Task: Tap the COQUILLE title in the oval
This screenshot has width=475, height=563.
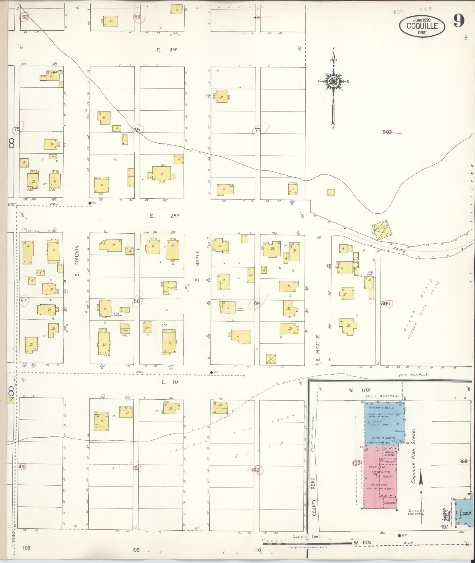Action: (422, 26)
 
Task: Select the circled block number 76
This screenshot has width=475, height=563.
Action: (136, 130)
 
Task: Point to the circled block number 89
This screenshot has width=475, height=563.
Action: (257, 303)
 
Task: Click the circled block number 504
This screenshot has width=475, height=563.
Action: (385, 303)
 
